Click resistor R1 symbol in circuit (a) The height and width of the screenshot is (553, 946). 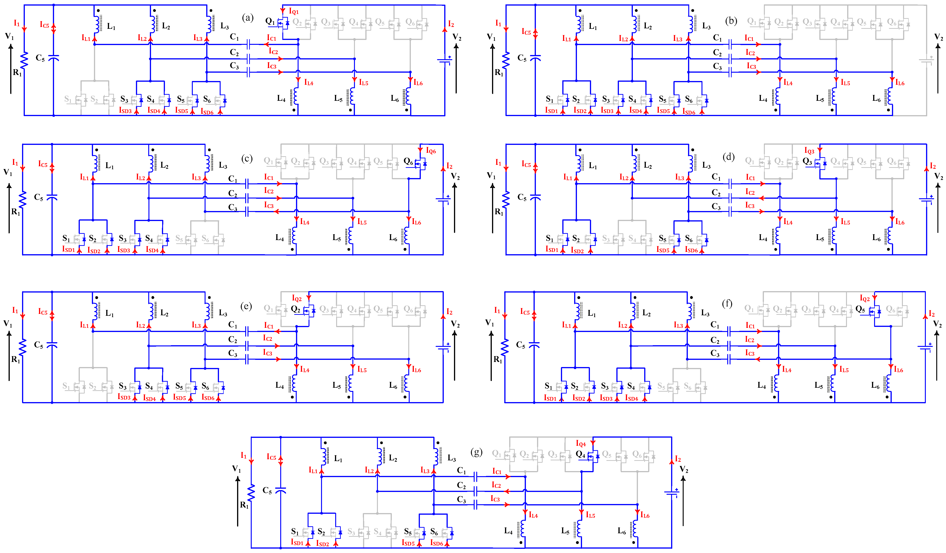(24, 60)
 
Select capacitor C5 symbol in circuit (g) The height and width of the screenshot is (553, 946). (280, 490)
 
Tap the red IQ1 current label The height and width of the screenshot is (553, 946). (293, 11)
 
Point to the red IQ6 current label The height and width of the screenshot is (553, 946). (431, 151)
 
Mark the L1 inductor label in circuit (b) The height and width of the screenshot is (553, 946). (593, 26)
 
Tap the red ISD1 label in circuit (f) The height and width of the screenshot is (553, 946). (550, 398)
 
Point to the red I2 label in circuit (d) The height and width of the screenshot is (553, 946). (933, 166)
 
